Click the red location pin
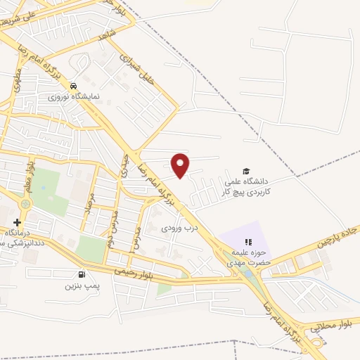tap(181, 164)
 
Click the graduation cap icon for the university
tap(246, 170)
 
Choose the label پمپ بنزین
tap(79, 286)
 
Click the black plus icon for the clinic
tap(17, 222)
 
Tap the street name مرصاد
tap(88, 203)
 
